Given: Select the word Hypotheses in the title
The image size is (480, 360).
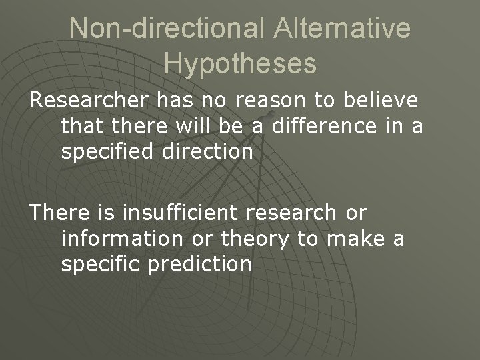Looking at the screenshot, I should click(240, 63).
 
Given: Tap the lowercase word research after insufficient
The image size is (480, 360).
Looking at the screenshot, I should click(294, 213).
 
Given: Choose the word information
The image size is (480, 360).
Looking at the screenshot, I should click(118, 239).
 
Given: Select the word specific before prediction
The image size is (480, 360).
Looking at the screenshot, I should click(101, 264).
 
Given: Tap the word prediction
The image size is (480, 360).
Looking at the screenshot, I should click(201, 264).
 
